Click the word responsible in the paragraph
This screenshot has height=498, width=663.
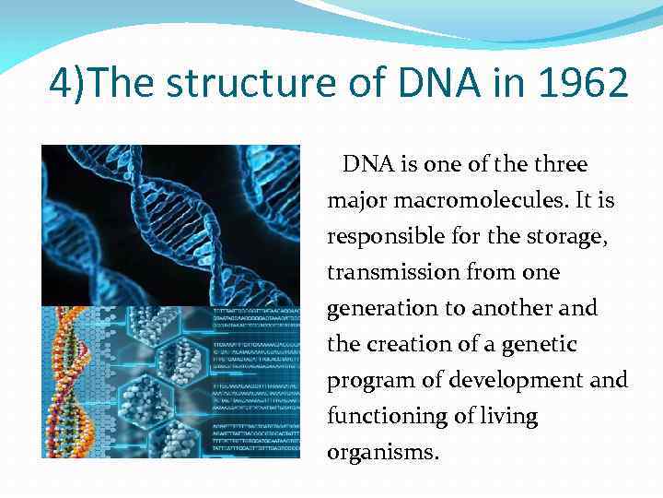379,237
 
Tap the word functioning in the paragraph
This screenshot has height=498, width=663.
379,417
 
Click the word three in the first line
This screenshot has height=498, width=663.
560,165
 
